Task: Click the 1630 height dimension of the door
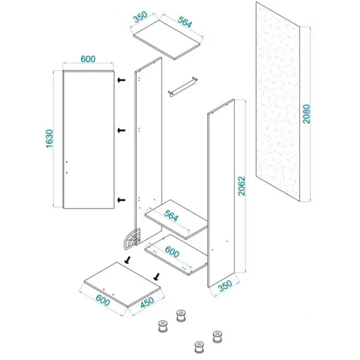(49, 139)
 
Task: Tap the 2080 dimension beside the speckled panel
(306, 114)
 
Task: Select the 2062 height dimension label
(241, 186)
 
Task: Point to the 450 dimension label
(147, 302)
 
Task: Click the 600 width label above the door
(88, 59)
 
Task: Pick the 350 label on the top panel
(140, 17)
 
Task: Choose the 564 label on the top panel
(185, 22)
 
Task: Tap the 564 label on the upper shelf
(171, 216)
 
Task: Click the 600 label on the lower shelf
(172, 252)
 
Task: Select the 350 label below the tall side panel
(225, 286)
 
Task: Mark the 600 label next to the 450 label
(103, 301)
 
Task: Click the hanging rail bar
(183, 87)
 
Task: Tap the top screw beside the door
(121, 80)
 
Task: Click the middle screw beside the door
(121, 130)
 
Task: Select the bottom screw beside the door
(121, 200)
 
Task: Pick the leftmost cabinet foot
(163, 326)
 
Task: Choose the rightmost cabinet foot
(217, 337)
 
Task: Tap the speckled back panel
(278, 102)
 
